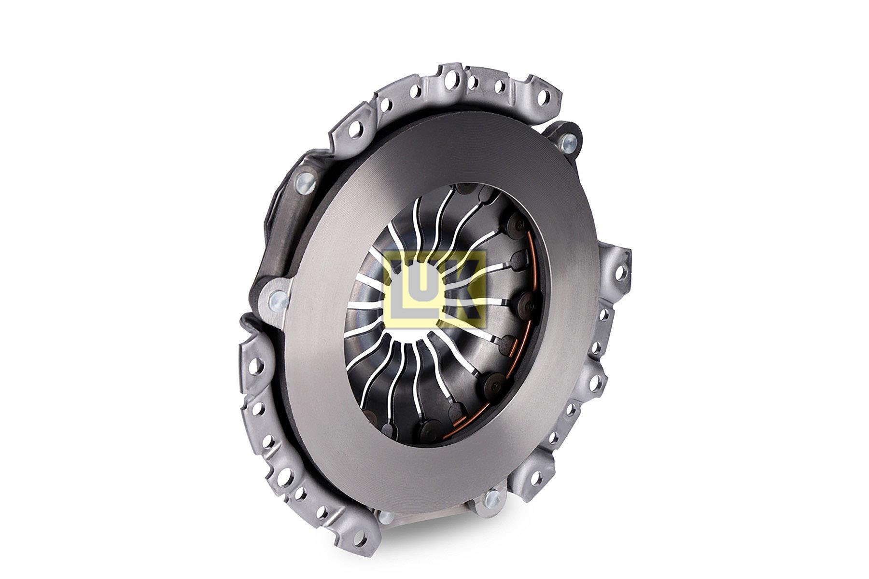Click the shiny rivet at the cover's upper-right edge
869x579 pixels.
[568, 142]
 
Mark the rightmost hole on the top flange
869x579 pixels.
[543, 96]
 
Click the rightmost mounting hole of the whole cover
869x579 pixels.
[620, 273]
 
